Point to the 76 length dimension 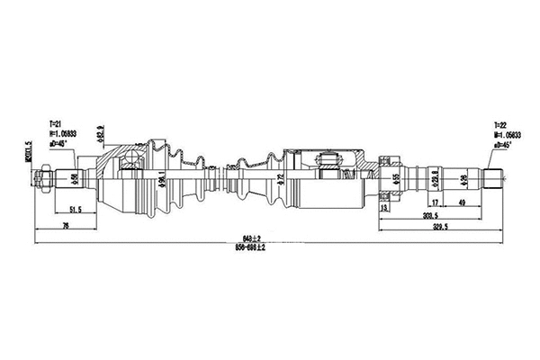point(54,227)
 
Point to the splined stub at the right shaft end point(499,179)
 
